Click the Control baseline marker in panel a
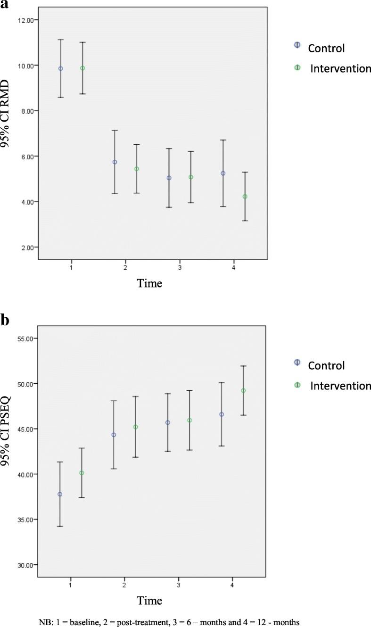tap(60, 68)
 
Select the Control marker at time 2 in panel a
tap(115, 162)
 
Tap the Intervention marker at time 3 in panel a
tap(191, 177)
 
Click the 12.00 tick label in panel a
tap(26, 20)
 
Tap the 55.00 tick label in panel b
tap(26, 338)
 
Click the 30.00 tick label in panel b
tap(26, 565)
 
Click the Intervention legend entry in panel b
tap(340, 386)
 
